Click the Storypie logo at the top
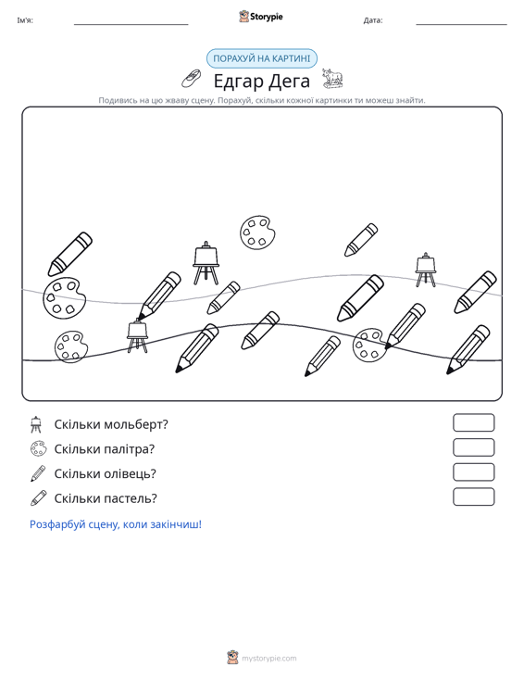(261, 17)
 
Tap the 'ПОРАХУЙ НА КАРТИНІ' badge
(262, 58)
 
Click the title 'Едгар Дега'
(262, 81)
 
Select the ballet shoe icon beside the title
(192, 78)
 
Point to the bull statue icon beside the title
(332, 78)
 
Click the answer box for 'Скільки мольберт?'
(473, 422)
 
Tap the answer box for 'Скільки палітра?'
(473, 447)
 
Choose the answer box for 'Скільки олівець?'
(473, 472)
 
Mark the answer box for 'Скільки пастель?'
(473, 497)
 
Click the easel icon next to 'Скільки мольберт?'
(36, 424)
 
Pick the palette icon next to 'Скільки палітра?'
(38, 448)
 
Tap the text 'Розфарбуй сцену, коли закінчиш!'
(116, 524)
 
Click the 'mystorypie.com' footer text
(269, 659)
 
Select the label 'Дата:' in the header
(373, 20)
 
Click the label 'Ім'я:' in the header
(25, 20)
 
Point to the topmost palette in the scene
(257, 233)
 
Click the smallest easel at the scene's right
(426, 270)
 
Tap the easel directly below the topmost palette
(206, 263)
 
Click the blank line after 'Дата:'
(461, 24)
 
